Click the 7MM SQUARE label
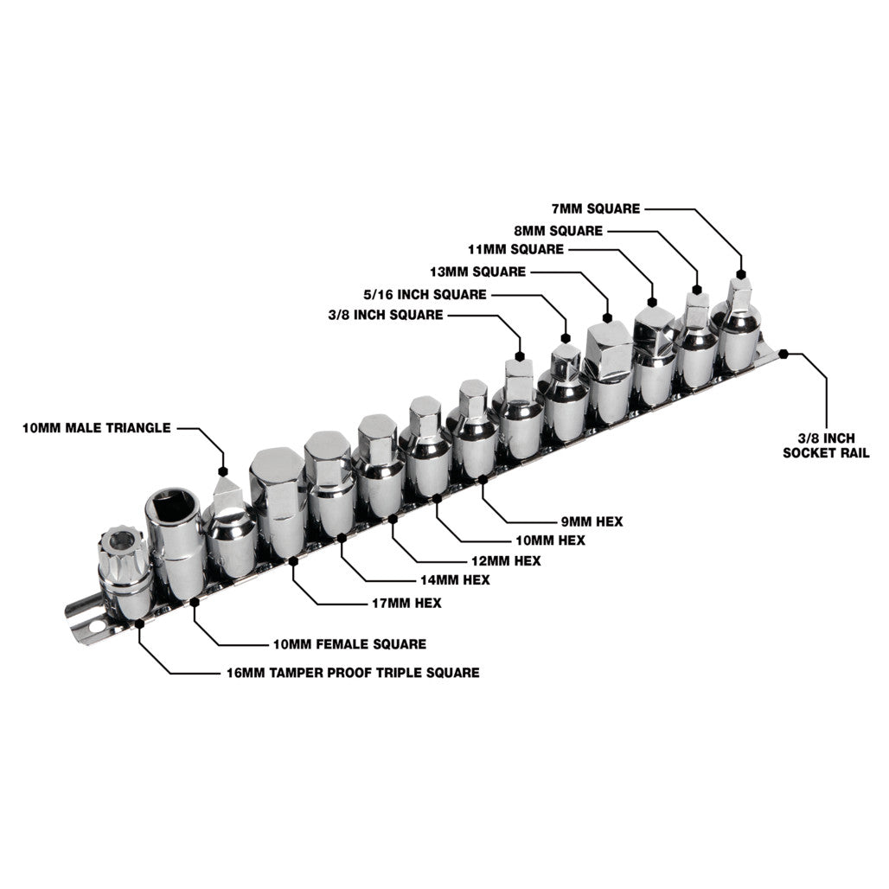[x=596, y=208]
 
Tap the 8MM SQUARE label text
[x=559, y=231]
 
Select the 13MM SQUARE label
[x=478, y=272]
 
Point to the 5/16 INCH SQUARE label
[x=425, y=294]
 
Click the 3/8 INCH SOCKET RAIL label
[x=826, y=445]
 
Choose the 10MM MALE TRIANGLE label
[x=96, y=427]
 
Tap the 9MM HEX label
[x=592, y=521]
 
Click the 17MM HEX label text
[x=406, y=603]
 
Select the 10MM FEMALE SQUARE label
[x=350, y=644]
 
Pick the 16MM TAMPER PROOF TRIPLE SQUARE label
[x=353, y=673]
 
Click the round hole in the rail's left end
[x=98, y=627]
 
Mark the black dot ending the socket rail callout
[x=783, y=354]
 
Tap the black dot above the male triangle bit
[x=223, y=471]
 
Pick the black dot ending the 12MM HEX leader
[x=393, y=518]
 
